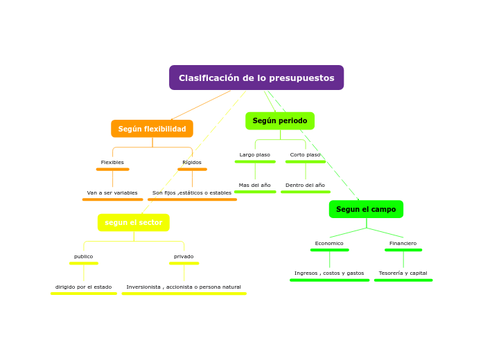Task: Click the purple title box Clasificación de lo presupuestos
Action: pos(256,78)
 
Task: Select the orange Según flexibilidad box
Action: pos(152,129)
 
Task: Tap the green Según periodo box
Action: pos(280,120)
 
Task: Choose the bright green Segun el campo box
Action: pos(366,209)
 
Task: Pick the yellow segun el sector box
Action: pos(133,222)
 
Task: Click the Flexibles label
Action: pos(112,163)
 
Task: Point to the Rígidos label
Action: pos(192,163)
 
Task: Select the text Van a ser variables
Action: pos(112,192)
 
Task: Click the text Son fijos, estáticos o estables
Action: pos(192,192)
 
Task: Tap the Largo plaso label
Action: pos(255,155)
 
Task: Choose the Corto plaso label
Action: pos(305,155)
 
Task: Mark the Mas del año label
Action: pos(255,185)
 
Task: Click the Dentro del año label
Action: pos(305,185)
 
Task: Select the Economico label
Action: pos(329,244)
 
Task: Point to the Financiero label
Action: pos(403,244)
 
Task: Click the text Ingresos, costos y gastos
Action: pos(329,273)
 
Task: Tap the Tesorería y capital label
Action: pos(403,273)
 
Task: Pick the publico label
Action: pos(84,257)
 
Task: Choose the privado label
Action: pos(184,257)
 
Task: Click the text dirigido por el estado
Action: pos(84,287)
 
